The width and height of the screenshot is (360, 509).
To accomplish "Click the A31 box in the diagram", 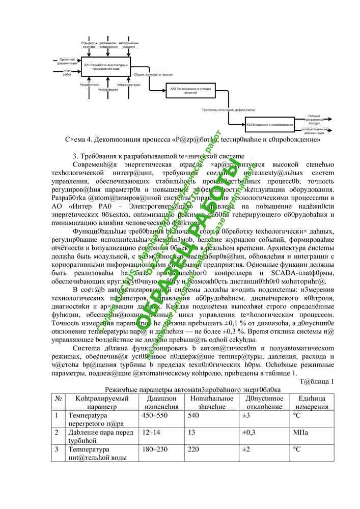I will click(106, 67).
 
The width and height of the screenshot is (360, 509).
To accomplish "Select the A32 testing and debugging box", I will click(187, 91).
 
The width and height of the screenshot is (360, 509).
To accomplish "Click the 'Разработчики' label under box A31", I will click(89, 84).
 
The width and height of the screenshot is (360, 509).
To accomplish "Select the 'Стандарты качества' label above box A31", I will click(89, 45).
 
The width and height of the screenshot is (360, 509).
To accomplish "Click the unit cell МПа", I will click(300, 433).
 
